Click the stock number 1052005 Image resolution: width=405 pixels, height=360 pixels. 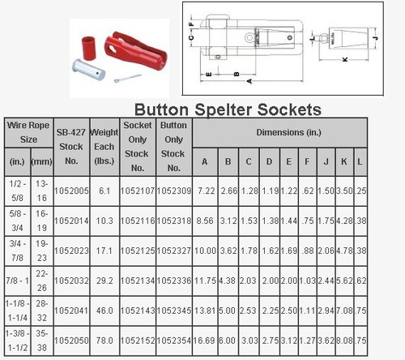click(71, 191)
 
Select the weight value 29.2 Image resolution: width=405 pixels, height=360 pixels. click(104, 281)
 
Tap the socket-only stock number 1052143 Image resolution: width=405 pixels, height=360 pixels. click(138, 311)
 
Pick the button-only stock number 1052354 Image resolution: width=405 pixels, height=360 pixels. click(174, 341)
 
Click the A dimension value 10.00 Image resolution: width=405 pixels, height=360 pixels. click(205, 251)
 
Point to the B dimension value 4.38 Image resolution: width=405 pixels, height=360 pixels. click(228, 281)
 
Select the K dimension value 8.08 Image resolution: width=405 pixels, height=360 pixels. click(344, 341)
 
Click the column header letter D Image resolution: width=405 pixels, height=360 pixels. click(269, 161)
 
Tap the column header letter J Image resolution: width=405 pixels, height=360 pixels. click(326, 161)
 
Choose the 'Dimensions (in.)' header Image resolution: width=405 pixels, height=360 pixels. click(288, 132)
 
